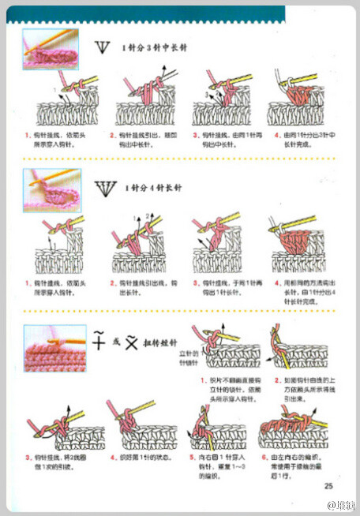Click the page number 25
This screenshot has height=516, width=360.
pos(328,484)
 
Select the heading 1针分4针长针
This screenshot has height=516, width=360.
pos(152,189)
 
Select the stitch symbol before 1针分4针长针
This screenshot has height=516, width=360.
pos(103,188)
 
